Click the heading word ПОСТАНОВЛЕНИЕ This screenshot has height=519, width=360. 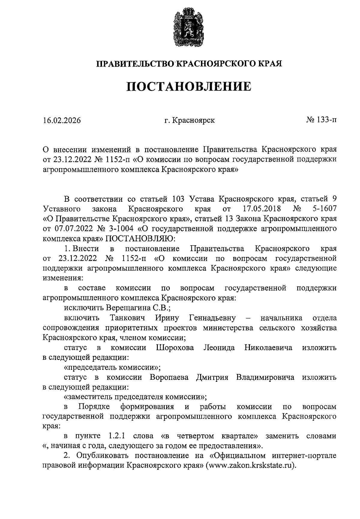[189, 86]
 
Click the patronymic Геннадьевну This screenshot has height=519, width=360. [212, 318]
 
